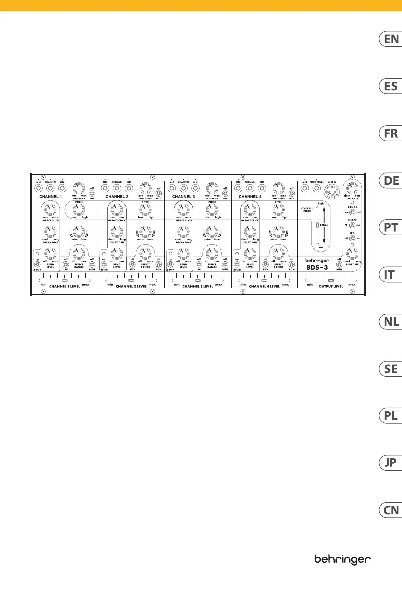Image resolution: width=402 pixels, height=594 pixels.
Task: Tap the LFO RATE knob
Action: coord(353,189)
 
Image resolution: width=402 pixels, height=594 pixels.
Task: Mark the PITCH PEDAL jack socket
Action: coord(316,189)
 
